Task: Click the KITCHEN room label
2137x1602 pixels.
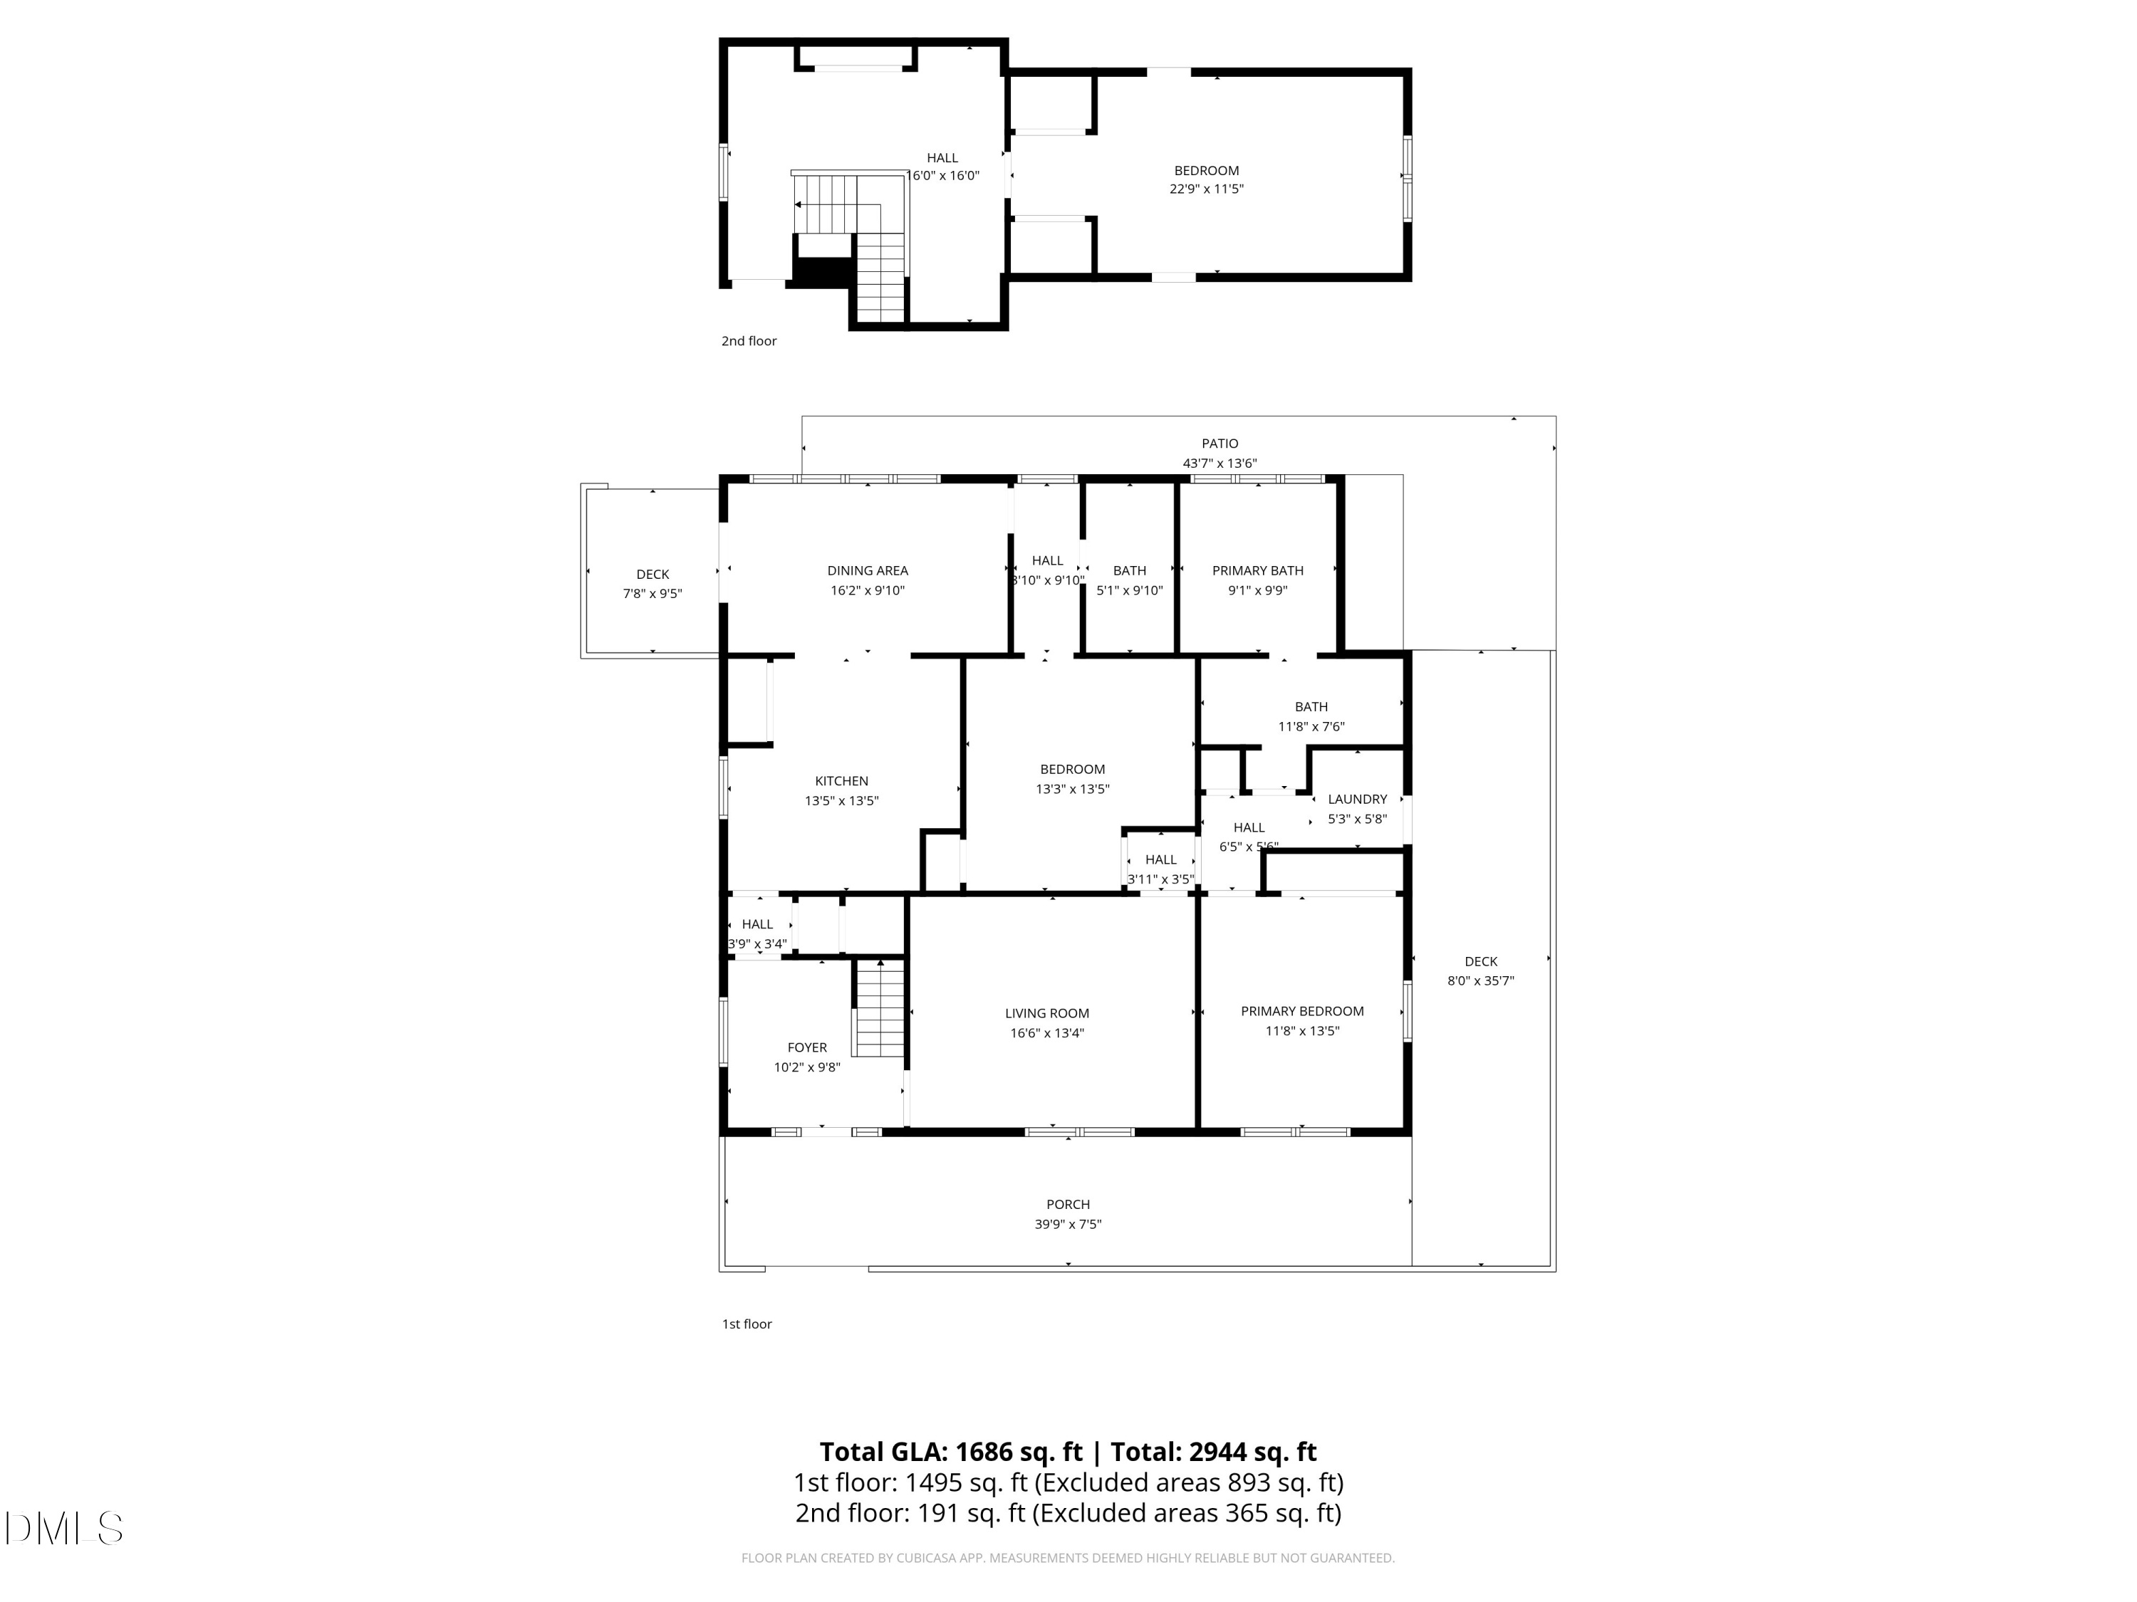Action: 841,781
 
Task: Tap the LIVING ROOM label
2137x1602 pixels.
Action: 1046,1013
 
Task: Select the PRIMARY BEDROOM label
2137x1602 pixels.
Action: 1302,1011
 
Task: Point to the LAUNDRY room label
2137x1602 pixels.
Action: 1358,799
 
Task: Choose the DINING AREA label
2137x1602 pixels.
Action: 868,571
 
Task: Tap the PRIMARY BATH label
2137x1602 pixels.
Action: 1258,571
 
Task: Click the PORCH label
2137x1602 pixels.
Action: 1068,1204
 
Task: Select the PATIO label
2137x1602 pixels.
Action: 1220,444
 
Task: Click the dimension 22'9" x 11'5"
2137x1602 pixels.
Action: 1207,189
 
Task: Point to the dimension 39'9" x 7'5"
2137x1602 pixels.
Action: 1068,1225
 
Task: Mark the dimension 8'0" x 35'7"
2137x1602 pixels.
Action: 1480,981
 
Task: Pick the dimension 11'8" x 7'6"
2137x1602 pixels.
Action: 1311,726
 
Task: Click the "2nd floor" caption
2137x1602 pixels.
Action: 749,341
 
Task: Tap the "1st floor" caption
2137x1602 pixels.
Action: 747,1324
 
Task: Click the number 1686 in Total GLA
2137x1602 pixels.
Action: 984,1452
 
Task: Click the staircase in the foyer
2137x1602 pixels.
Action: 879,1008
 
